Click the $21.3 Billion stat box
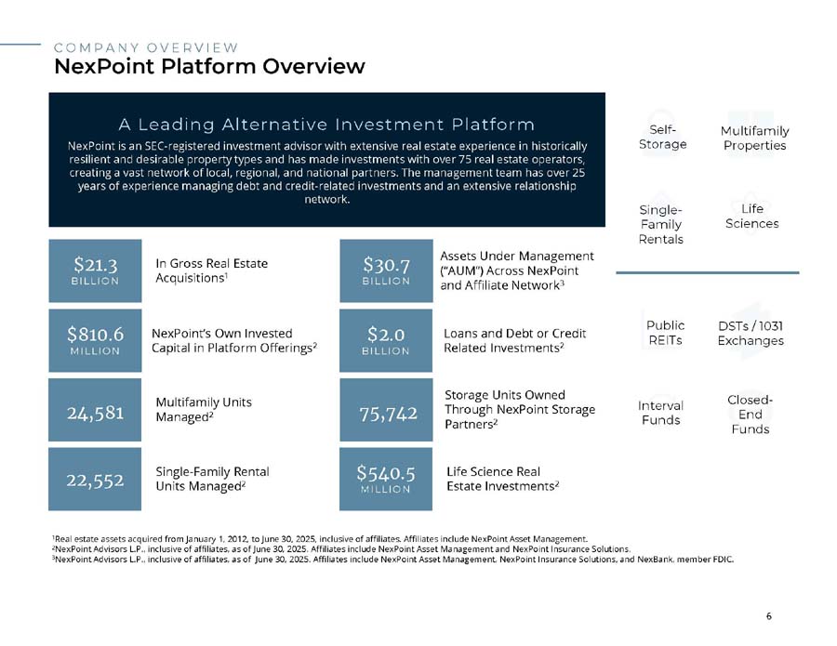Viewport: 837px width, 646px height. point(95,270)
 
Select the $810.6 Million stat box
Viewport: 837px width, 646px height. point(95,340)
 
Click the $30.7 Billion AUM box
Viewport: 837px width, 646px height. point(386,270)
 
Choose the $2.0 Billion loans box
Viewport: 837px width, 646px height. point(386,340)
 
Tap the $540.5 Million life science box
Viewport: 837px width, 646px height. point(386,479)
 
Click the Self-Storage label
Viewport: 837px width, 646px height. point(662,137)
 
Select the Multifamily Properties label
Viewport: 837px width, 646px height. point(754,138)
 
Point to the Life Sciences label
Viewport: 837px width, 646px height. point(751,216)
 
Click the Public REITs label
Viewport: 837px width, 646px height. point(665,333)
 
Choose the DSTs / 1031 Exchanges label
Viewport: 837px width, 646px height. point(751,334)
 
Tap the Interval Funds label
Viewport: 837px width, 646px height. point(660,413)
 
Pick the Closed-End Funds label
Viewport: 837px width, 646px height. point(750,415)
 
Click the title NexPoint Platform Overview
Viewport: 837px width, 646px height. point(210,67)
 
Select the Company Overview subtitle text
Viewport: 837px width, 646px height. point(146,47)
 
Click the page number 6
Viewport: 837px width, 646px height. point(769,616)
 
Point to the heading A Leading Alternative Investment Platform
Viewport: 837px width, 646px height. point(326,125)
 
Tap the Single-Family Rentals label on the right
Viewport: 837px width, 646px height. point(661,225)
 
